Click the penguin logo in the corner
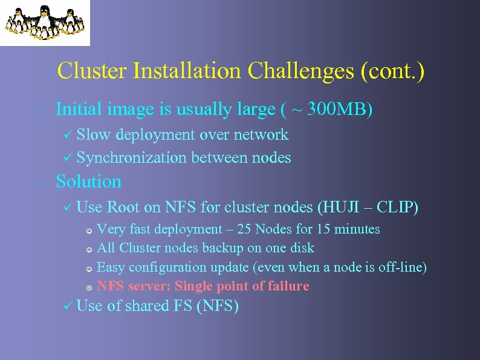[45, 22]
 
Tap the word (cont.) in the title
[392, 71]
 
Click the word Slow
[94, 135]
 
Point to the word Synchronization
[132, 158]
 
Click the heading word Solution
[88, 182]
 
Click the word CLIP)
[397, 208]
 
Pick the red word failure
[287, 286]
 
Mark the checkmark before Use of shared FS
[68, 306]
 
